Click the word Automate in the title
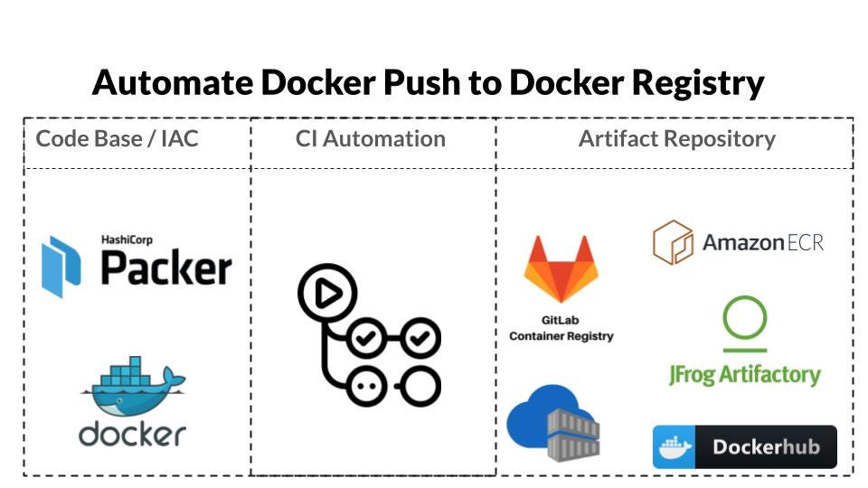click(x=173, y=82)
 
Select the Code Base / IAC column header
click(x=117, y=139)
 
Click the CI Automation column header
click(x=371, y=139)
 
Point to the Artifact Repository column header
click(x=676, y=139)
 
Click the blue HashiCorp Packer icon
click(x=61, y=267)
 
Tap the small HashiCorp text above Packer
click(x=127, y=239)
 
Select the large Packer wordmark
click(x=166, y=267)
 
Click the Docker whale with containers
click(x=134, y=386)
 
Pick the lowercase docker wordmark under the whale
click(x=132, y=434)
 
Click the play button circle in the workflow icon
click(x=327, y=293)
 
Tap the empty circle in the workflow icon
click(x=420, y=386)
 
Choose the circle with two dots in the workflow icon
click(x=366, y=386)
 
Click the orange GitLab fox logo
click(x=561, y=269)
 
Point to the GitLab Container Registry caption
click(x=561, y=328)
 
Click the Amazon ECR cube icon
click(x=673, y=242)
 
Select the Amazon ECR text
click(x=763, y=243)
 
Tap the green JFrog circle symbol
click(x=744, y=317)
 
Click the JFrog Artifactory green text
click(x=744, y=374)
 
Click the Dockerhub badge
click(x=744, y=447)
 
